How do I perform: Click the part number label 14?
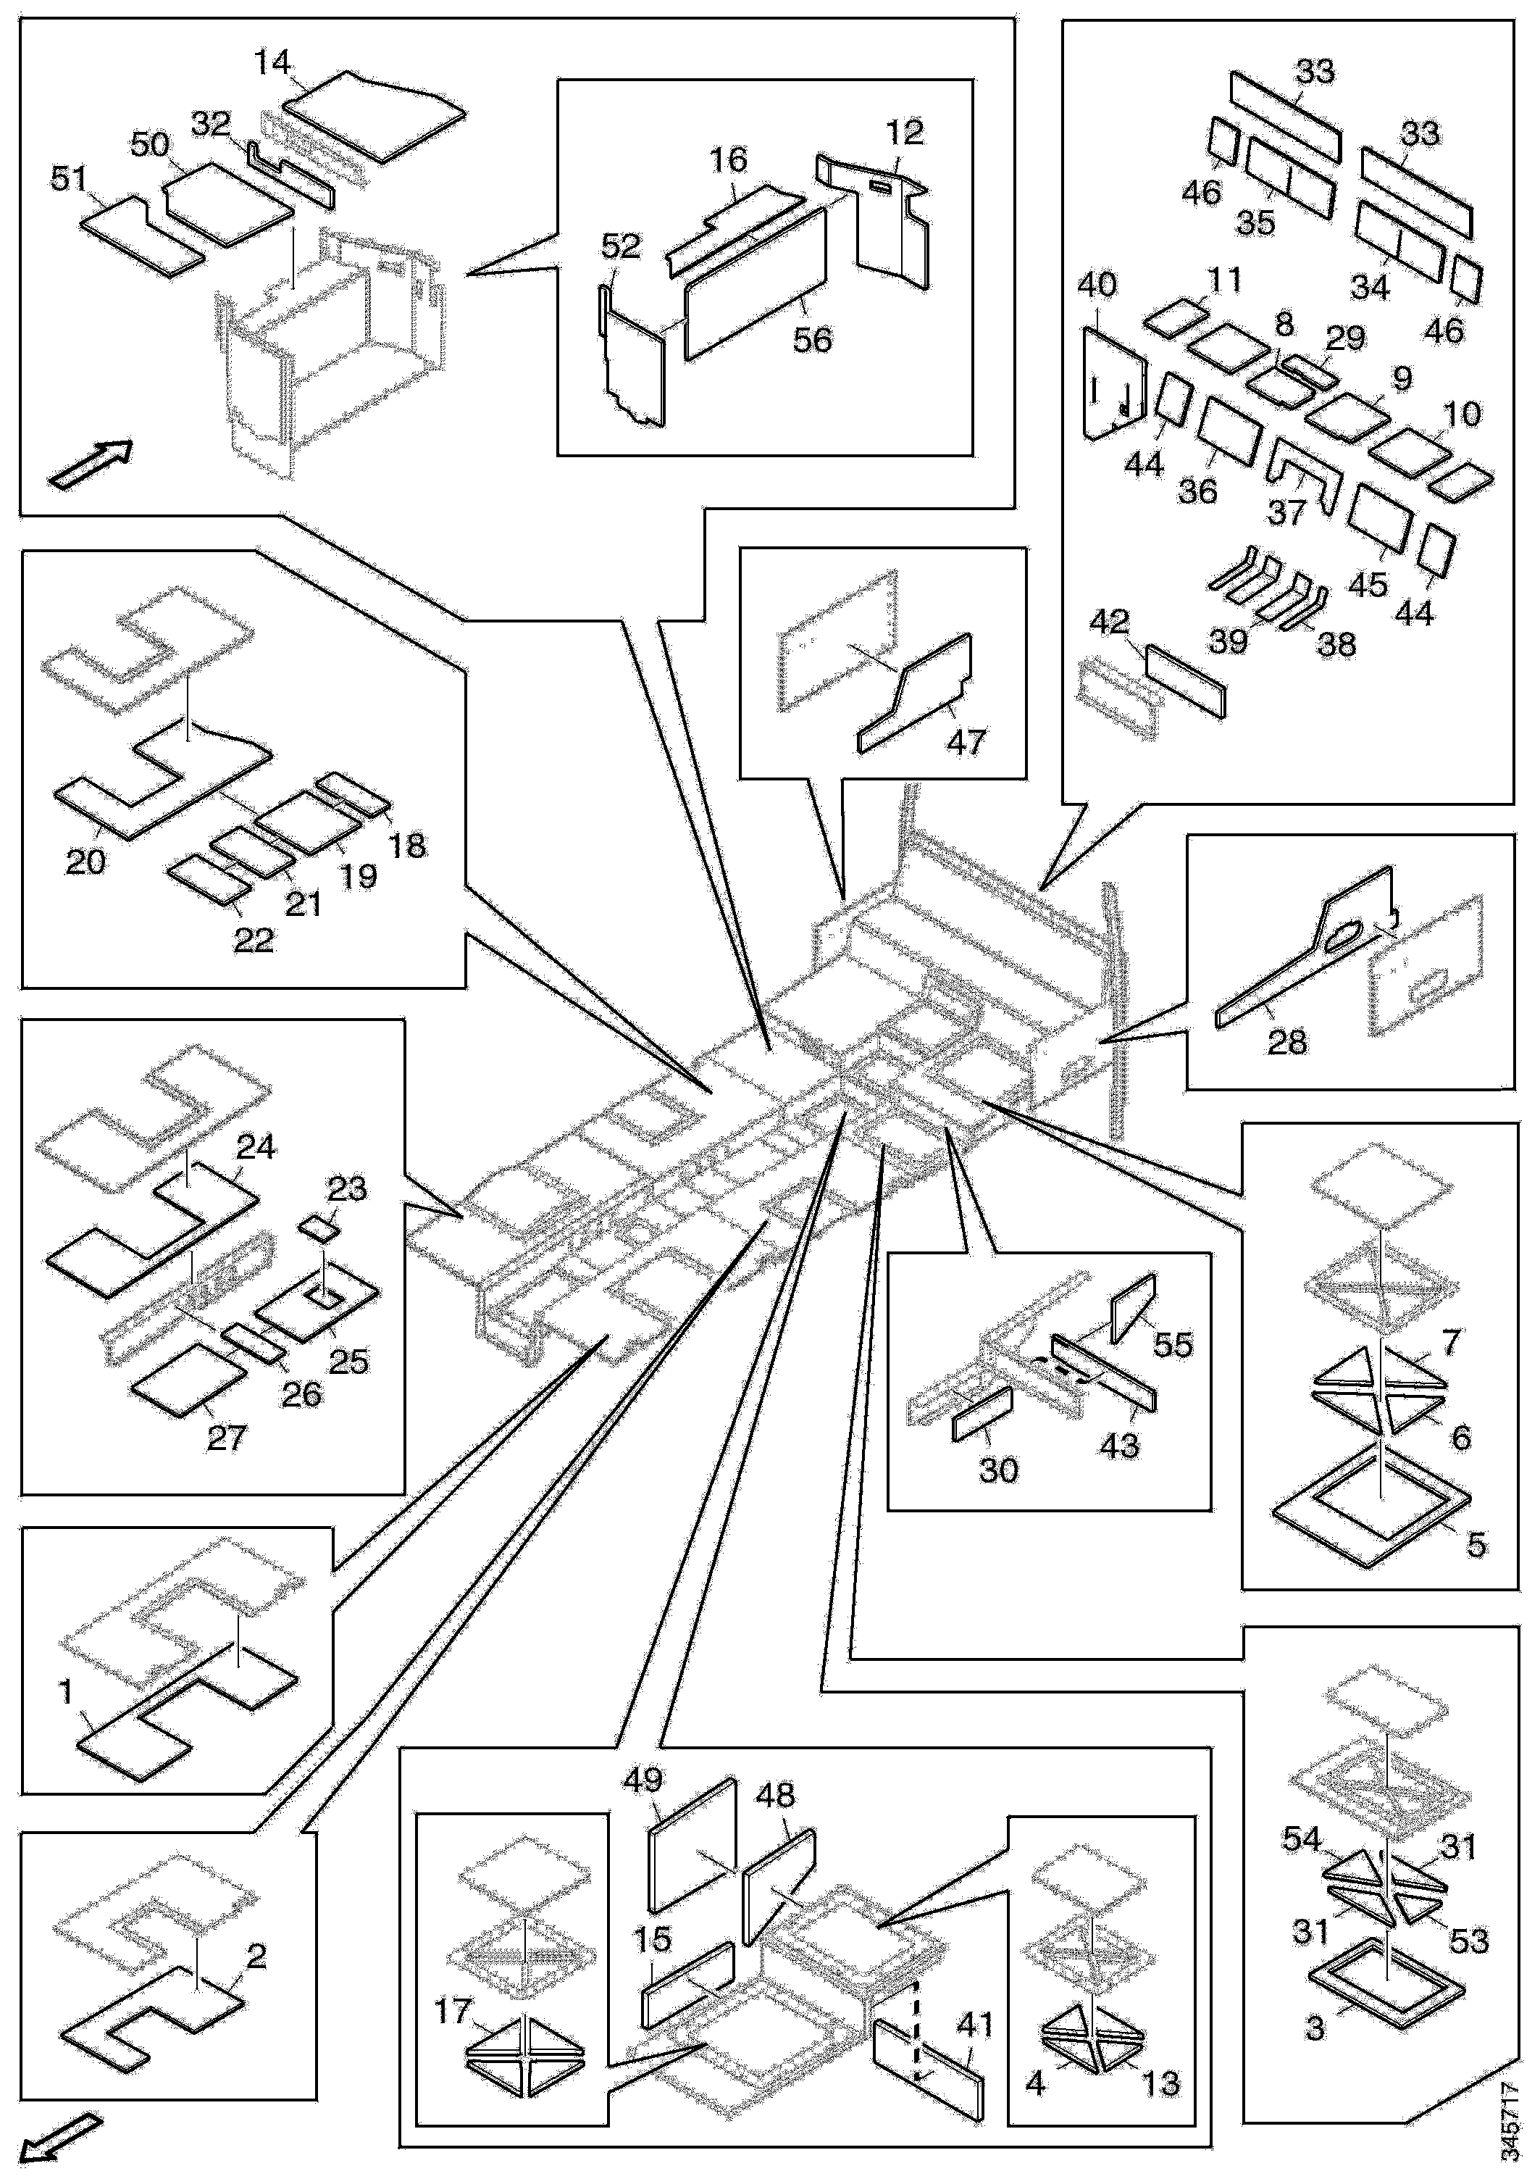pyautogui.click(x=272, y=64)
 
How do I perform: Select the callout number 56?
pyautogui.click(x=812, y=340)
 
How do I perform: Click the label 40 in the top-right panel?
pyautogui.click(x=1098, y=285)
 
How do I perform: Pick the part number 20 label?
pyautogui.click(x=85, y=862)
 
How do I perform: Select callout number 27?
pyautogui.click(x=227, y=1438)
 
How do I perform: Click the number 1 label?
pyautogui.click(x=65, y=1692)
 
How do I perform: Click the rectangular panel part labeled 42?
pyautogui.click(x=1185, y=680)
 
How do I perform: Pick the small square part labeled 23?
pyautogui.click(x=318, y=1230)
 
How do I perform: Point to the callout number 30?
pyautogui.click(x=998, y=1470)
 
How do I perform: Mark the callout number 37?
pyautogui.click(x=1288, y=512)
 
